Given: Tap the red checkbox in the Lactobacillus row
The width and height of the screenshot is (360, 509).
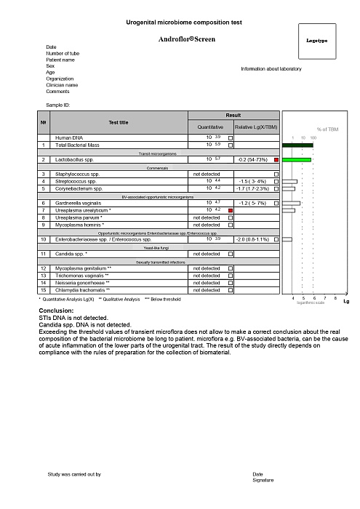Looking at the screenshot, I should click(x=276, y=159).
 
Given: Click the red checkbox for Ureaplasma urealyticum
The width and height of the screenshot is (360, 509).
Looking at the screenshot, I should click(x=231, y=210).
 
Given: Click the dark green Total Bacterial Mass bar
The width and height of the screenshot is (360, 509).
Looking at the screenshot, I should click(x=297, y=145).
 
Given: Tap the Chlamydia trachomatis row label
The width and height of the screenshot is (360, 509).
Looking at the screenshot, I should click(x=82, y=290).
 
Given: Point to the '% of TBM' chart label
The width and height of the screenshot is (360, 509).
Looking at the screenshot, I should click(x=327, y=129).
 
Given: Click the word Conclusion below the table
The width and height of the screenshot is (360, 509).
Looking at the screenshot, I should click(x=59, y=310).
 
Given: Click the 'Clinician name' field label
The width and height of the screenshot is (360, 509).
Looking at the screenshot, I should click(x=62, y=85).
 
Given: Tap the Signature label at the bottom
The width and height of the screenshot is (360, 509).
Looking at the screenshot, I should click(x=263, y=481).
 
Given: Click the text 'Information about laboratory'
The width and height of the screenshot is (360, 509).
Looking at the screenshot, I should click(x=271, y=69).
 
